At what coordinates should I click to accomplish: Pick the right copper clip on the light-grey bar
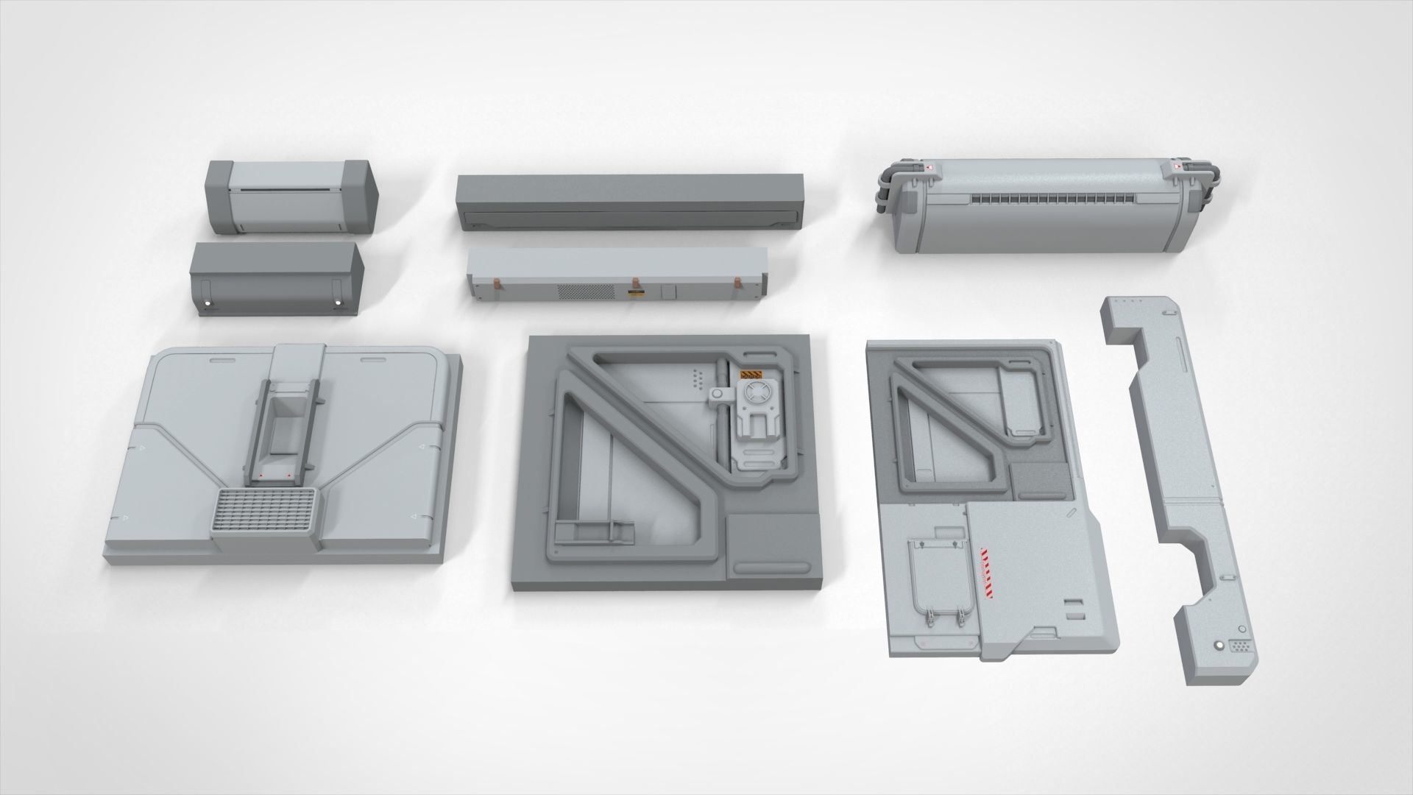(738, 283)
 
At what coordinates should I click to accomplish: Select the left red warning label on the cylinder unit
(929, 170)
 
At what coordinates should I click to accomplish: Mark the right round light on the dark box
(338, 303)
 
